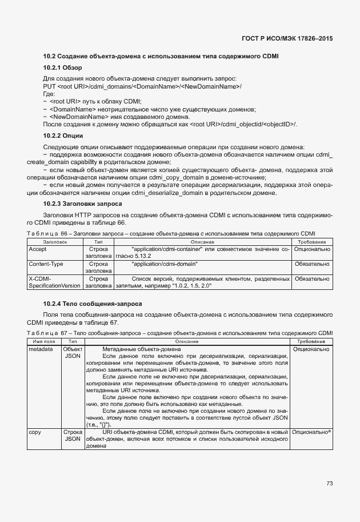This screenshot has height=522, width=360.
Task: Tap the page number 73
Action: [x=329, y=483]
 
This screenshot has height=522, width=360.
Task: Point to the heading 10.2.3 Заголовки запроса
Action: [x=82, y=204]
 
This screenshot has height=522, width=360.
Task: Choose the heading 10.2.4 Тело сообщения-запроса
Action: [x=93, y=303]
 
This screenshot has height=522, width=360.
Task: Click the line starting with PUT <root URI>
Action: [x=142, y=86]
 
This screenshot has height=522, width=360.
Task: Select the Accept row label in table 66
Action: [x=38, y=249]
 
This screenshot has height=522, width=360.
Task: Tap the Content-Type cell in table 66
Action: [x=46, y=264]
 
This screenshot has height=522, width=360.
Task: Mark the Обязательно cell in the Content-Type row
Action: [x=311, y=264]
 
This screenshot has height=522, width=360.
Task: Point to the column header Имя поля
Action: [x=43, y=341]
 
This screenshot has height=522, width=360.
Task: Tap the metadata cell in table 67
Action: [x=41, y=349]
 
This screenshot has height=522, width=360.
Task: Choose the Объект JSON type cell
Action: [x=73, y=352]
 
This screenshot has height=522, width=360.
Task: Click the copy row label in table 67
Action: [x=34, y=432]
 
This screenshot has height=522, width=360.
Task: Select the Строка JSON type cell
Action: [x=73, y=436]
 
